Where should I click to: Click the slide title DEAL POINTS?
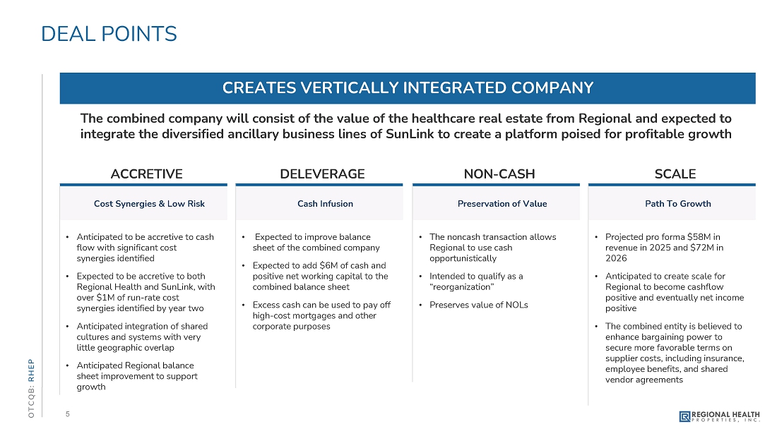(109, 34)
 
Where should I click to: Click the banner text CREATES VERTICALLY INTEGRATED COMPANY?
(408, 88)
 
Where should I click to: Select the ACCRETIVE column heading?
(147, 174)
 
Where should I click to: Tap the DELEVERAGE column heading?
(323, 174)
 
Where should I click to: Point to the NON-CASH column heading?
(499, 174)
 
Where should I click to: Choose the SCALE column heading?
(675, 174)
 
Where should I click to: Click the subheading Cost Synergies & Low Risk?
(149, 204)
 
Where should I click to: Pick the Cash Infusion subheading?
(325, 204)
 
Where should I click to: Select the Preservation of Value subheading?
(502, 204)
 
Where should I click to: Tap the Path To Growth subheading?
(677, 204)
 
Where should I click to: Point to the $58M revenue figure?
(698, 237)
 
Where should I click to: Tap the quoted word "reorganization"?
(461, 288)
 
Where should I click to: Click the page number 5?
(67, 414)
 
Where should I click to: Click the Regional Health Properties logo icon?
(684, 416)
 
